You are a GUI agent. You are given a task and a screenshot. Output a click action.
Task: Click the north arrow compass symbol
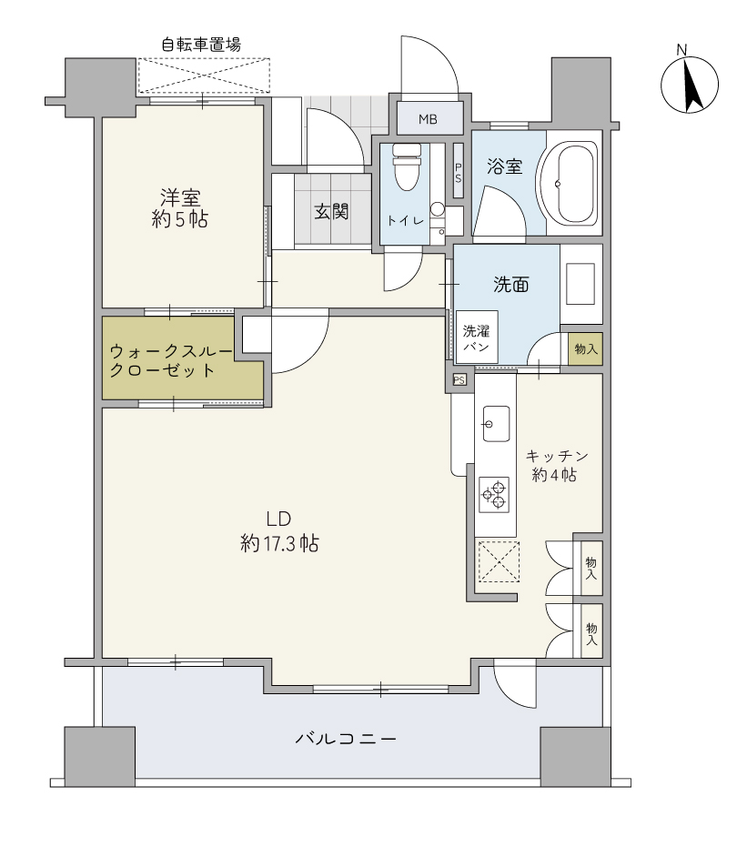point(689,84)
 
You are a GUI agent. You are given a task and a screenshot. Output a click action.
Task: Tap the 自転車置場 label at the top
point(201,45)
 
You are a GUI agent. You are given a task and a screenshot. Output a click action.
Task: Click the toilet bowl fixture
point(407,166)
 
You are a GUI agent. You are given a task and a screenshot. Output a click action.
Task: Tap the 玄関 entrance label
point(331,211)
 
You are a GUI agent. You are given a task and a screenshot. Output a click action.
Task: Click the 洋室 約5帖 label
point(180,208)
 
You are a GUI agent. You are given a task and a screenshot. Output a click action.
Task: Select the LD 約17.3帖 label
point(279,531)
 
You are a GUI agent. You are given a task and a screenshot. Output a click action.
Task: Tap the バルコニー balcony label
point(346,738)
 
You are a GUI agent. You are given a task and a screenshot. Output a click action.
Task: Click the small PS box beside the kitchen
point(459,380)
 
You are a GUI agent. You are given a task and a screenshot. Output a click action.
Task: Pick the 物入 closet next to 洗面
point(586,349)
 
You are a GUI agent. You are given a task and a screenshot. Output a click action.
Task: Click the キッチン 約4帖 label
point(556,465)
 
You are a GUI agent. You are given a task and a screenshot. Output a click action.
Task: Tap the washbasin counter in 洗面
point(581,284)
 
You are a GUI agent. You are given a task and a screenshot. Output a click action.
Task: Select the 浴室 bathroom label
point(504,166)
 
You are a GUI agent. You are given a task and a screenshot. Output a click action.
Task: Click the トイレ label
point(406,220)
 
